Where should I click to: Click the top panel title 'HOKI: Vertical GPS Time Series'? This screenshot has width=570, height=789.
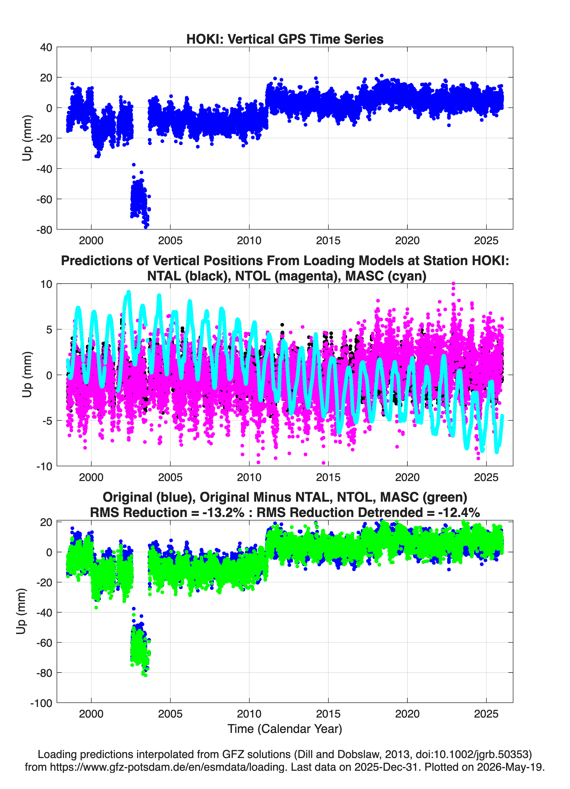coord(285,39)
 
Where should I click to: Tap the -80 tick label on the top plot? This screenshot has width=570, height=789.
coord(44,230)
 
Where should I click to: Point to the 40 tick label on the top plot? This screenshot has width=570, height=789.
coord(46,47)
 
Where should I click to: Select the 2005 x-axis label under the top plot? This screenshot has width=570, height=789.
coord(170,241)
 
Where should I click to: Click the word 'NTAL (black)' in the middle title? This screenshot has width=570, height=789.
coord(188,276)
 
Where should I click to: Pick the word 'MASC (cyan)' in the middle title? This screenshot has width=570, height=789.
coord(386,276)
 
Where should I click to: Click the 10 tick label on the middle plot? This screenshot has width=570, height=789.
coord(46,284)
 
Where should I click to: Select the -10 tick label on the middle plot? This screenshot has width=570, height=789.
coord(44,466)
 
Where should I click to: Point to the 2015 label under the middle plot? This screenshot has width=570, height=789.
coord(328,477)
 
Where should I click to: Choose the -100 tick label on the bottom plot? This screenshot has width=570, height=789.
coord(41,703)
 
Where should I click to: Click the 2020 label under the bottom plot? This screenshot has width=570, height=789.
coord(407,714)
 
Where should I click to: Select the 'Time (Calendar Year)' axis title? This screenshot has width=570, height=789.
coord(285,729)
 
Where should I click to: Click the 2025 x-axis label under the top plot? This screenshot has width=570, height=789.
coord(486,241)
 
